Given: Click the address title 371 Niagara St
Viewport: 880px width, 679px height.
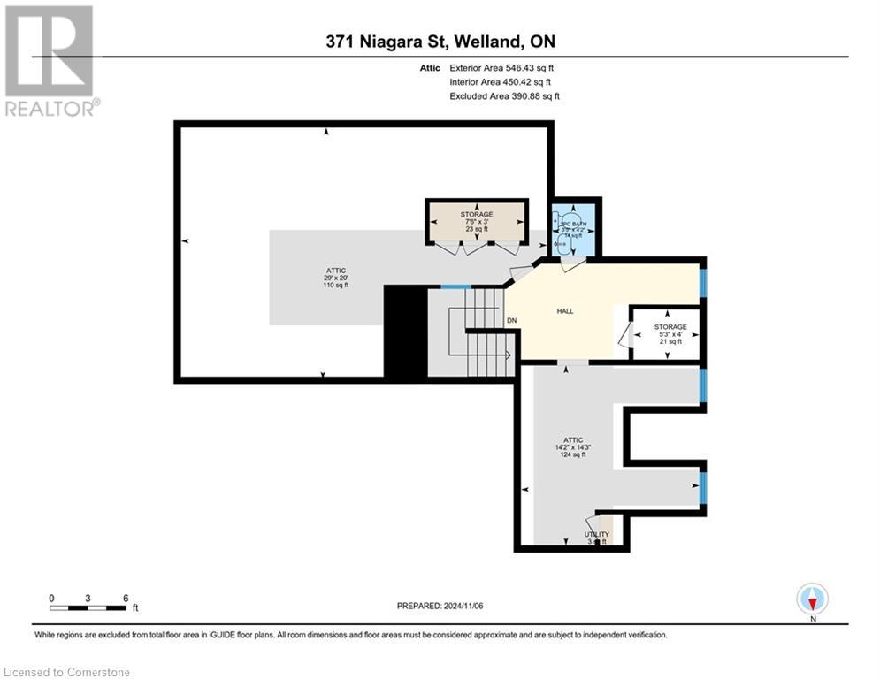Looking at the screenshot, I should point(439,42).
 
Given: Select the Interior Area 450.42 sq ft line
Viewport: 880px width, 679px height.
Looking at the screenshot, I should point(500,81).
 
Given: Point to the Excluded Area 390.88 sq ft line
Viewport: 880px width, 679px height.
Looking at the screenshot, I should point(504,95).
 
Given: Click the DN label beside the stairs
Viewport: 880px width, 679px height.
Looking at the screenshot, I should point(511,320).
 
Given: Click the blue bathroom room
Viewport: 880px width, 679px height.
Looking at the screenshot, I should point(574,228).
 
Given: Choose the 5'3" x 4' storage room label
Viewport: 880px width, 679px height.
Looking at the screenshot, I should point(670,333).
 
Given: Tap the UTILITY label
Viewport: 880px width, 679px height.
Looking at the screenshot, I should point(597,535).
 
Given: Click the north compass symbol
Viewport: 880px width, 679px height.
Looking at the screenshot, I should point(811,599).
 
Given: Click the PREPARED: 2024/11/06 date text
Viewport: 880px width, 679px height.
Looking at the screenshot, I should point(440,606).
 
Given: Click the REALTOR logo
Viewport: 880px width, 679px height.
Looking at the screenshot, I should point(50,60).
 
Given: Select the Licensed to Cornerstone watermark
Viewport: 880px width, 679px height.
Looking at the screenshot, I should point(66,672).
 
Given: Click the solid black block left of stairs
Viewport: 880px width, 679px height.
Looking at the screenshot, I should point(405,332).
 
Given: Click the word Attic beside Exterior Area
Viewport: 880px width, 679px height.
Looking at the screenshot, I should point(430,67).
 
